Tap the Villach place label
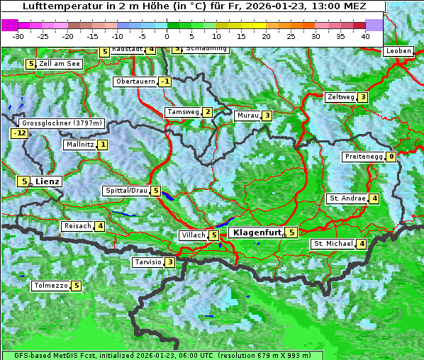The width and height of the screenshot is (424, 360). tap(193, 235)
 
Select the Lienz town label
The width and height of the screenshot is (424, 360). tap(48, 181)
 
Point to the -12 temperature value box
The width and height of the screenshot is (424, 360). tap(19, 133)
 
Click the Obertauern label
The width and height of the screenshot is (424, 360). tap(135, 81)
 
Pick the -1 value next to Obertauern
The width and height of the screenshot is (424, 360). tap(164, 81)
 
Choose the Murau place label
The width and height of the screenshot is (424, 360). tap(247, 116)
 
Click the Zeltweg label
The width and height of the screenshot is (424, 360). tap(340, 97)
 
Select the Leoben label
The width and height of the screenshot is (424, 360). tap(398, 51)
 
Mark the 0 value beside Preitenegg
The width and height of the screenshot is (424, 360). tap(391, 157)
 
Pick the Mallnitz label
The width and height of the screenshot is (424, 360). tap(79, 145)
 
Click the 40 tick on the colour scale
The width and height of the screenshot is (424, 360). tap(365, 35)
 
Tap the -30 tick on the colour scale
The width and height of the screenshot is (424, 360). tap(18, 35)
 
